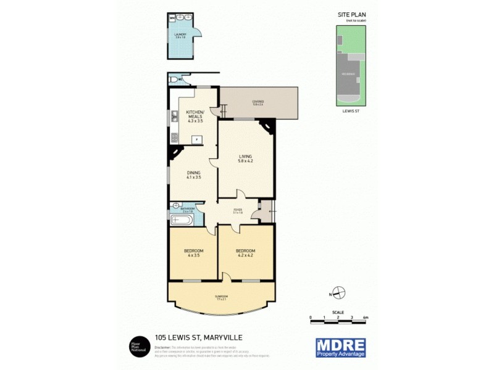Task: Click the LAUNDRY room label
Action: pyautogui.click(x=180, y=36)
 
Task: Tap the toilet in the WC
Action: pyautogui.click(x=172, y=80)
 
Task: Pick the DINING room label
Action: pyautogui.click(x=194, y=175)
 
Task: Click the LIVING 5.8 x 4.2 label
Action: pyautogui.click(x=246, y=158)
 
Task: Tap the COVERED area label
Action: pyautogui.click(x=257, y=103)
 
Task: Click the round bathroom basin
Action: pyautogui.click(x=176, y=206)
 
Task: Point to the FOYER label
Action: pyautogui.click(x=237, y=212)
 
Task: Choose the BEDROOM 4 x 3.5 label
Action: pyautogui.click(x=194, y=252)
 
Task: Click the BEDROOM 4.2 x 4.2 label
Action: pyautogui.click(x=246, y=252)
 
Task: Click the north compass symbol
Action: pyautogui.click(x=339, y=294)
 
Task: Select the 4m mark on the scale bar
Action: pyautogui.click(x=366, y=317)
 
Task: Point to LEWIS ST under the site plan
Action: pyautogui.click(x=350, y=111)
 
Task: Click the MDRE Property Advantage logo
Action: pyautogui.click(x=340, y=347)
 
